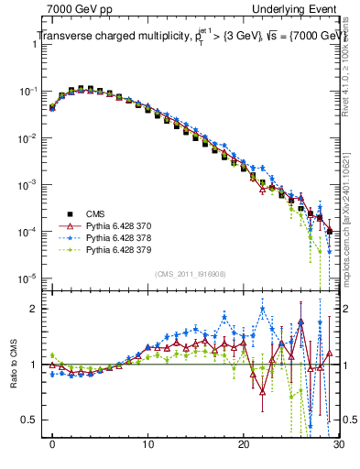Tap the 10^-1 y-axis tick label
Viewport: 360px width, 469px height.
click(27, 92)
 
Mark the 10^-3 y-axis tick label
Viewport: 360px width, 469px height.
click(27, 185)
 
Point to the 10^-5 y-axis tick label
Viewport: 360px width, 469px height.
click(27, 278)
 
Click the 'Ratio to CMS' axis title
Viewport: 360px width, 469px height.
click(13, 365)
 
